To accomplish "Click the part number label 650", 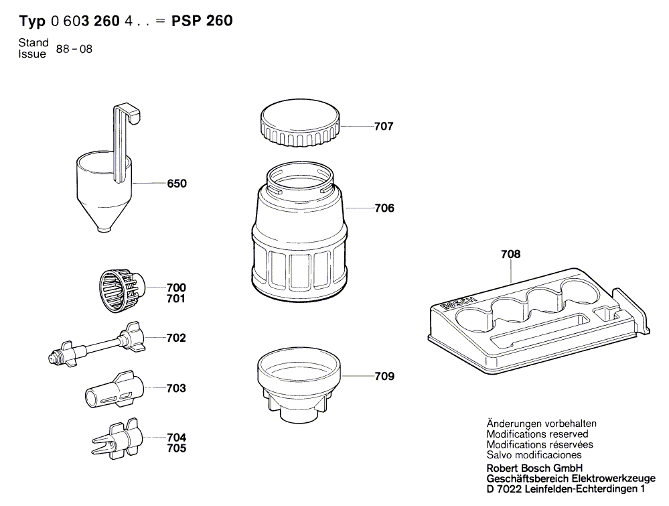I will tap(177, 184).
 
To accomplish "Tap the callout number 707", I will tap(384, 126).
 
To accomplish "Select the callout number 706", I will tap(384, 208).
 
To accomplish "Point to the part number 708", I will tap(510, 255).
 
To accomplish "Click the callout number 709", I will tap(384, 377).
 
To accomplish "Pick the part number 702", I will tap(176, 338).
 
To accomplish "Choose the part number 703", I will tap(176, 389).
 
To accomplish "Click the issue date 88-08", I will tap(74, 49).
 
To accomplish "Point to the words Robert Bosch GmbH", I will tap(534, 467).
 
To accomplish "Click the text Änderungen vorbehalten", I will tap(541, 424).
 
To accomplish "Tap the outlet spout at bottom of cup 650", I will tap(103, 229).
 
